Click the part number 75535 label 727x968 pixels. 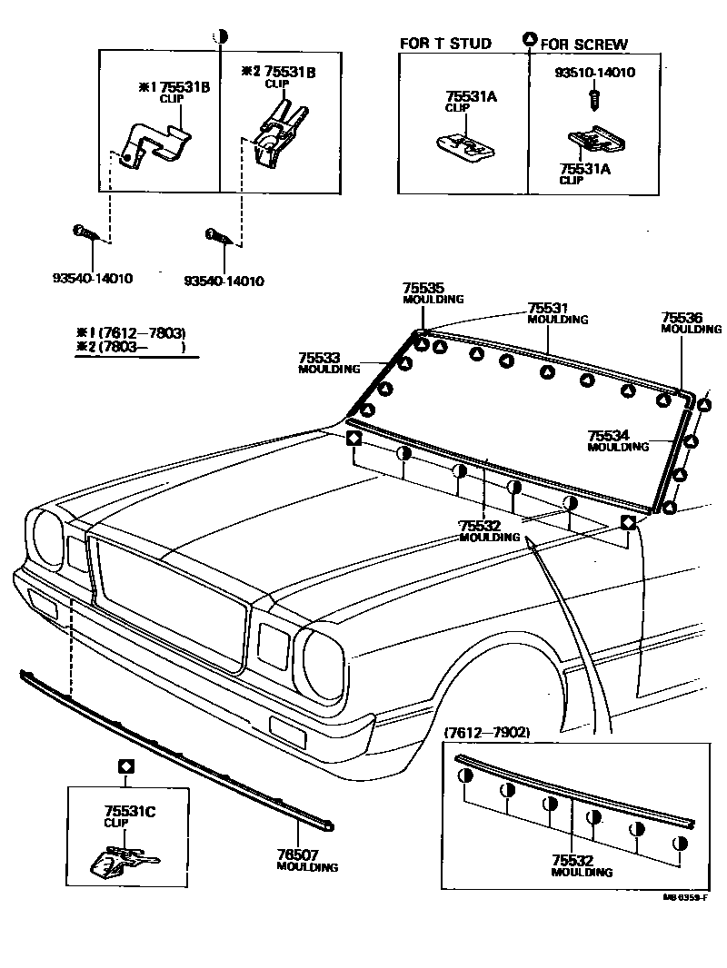pos(421,289)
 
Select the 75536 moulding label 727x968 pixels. pos(682,317)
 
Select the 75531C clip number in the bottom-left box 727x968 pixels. pos(130,810)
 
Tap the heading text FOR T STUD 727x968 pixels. pos(445,43)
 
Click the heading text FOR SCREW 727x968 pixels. pos(584,44)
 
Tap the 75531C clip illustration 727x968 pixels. pos(125,860)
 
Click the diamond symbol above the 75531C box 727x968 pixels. pos(126,766)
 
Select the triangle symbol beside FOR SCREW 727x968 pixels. pos(529,39)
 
